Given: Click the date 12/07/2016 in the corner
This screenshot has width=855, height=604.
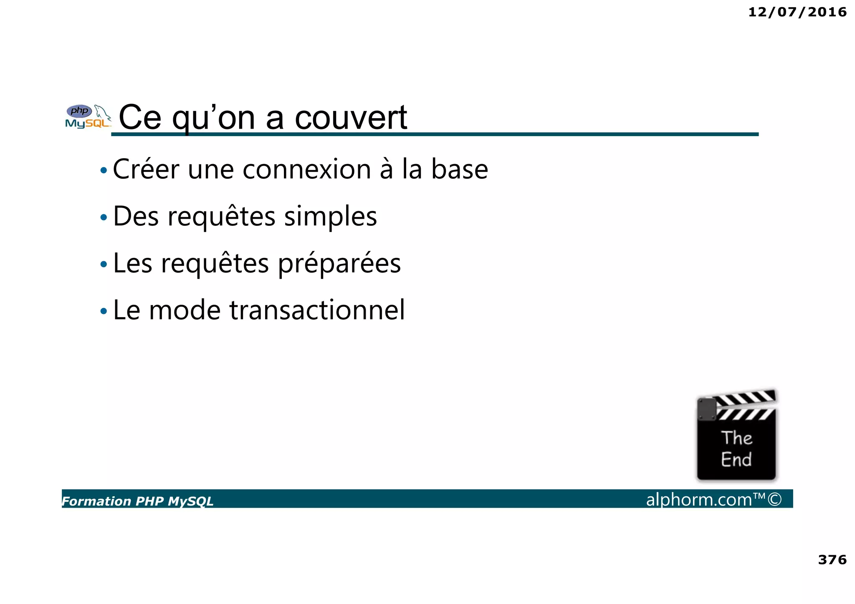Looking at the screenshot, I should pyautogui.click(x=797, y=12).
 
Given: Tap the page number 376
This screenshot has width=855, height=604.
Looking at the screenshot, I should pyautogui.click(x=832, y=559).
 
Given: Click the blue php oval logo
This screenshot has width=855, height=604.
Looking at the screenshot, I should pyautogui.click(x=79, y=111).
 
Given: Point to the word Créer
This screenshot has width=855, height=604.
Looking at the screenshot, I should pyautogui.click(x=146, y=169).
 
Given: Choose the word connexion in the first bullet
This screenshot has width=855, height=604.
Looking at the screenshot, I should pyautogui.click(x=306, y=169).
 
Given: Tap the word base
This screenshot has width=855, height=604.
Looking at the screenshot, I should pyautogui.click(x=459, y=169).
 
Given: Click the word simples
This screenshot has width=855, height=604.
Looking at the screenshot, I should pyautogui.click(x=330, y=217).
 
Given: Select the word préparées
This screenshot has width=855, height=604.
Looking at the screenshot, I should pyautogui.click(x=339, y=264).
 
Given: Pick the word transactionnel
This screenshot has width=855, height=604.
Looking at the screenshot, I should pyautogui.click(x=317, y=310).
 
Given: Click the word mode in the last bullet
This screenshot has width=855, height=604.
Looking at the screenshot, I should pyautogui.click(x=185, y=310).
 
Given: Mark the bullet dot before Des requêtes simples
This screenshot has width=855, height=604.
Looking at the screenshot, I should pyautogui.click(x=104, y=217).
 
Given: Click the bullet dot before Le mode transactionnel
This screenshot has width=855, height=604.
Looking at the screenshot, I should pyautogui.click(x=104, y=311).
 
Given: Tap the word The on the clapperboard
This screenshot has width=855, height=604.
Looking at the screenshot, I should pyautogui.click(x=736, y=438).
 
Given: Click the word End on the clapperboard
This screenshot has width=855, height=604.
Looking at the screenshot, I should pyautogui.click(x=736, y=460).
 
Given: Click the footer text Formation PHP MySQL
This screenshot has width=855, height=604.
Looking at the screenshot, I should pyautogui.click(x=137, y=501).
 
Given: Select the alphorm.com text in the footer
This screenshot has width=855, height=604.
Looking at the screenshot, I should pyautogui.click(x=699, y=500).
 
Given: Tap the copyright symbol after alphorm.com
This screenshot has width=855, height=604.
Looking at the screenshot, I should pyautogui.click(x=774, y=499).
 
